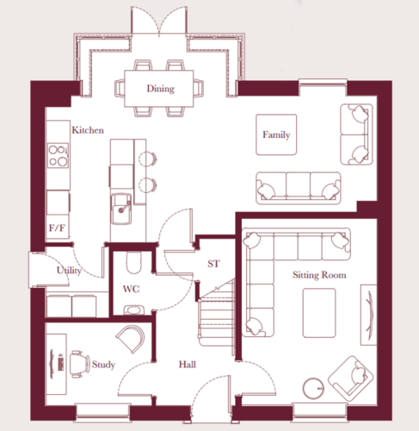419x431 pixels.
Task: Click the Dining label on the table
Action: (161, 89)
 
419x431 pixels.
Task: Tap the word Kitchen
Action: (88, 130)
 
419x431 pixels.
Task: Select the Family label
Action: (276, 134)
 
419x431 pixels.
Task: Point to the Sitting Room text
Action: (319, 275)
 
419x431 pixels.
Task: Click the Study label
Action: (103, 365)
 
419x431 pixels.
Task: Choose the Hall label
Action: (188, 365)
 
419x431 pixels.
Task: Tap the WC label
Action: (131, 289)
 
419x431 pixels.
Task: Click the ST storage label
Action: (213, 264)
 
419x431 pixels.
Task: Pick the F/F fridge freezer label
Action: (57, 228)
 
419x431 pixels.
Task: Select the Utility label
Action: (69, 271)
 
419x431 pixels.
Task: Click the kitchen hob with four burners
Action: (59, 155)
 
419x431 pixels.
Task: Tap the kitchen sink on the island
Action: (121, 209)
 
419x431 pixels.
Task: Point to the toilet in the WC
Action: (134, 263)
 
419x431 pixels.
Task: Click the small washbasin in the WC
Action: (133, 310)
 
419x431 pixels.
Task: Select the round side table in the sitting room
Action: (313, 389)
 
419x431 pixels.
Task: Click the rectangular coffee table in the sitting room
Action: (319, 313)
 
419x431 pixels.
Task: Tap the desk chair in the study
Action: (80, 364)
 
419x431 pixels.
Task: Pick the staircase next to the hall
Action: (217, 313)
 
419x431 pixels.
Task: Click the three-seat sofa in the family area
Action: (299, 188)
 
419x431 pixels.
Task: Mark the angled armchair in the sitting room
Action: (350, 378)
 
